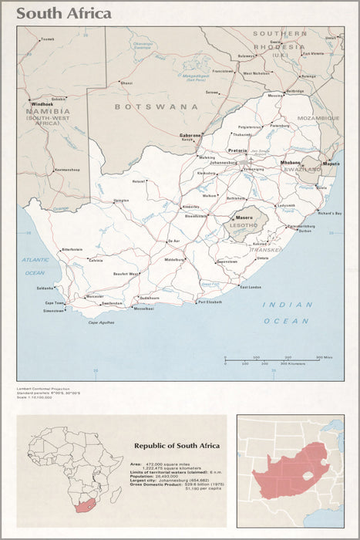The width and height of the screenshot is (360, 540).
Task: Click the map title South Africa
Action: (64, 13)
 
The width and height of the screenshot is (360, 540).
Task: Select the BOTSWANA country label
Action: (156, 106)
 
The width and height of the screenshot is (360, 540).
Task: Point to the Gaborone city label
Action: (190, 135)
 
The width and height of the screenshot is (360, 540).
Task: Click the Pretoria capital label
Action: (237, 150)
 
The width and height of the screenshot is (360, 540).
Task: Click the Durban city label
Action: (305, 231)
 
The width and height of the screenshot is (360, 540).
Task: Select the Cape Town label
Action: (54, 303)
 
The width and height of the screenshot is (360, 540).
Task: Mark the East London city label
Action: (251, 287)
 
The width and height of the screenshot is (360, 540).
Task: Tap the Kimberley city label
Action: (190, 207)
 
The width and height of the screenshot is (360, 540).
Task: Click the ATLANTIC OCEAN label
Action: (35, 266)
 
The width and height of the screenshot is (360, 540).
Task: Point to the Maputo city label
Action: (331, 164)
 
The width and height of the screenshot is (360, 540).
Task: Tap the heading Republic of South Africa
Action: (177, 445)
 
